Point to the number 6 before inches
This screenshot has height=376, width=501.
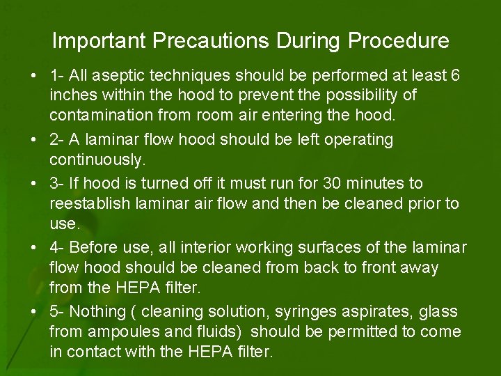pos(455,75)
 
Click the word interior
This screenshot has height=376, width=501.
pos(208,247)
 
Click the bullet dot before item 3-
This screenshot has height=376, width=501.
pos(34,183)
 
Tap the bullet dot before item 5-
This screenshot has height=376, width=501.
pos(34,311)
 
